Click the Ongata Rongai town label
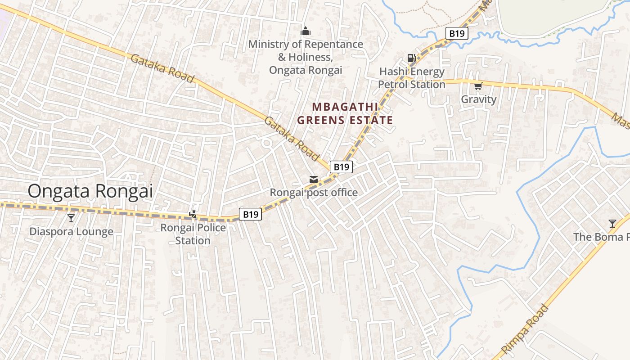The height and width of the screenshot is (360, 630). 90,191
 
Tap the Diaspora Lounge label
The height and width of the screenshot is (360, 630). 71,232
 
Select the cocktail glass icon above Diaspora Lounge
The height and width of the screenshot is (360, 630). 71,218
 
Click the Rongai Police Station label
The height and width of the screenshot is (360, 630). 193,234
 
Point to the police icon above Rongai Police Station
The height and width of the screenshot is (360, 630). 193,214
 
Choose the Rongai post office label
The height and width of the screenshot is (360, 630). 314,193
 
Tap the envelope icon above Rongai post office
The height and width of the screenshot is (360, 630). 313,180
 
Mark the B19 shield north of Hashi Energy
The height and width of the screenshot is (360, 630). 457,33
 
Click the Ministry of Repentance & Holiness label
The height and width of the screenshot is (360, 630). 306,57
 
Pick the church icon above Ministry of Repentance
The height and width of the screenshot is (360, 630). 306,31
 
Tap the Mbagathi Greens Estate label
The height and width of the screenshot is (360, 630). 345,113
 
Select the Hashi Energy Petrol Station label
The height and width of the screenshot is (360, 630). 412,78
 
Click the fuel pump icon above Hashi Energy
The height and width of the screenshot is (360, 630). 411,58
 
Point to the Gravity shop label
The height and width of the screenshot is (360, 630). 478,99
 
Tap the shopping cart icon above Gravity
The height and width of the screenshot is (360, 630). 478,86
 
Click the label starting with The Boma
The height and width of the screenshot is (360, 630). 601,237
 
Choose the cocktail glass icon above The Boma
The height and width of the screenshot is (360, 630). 612,224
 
